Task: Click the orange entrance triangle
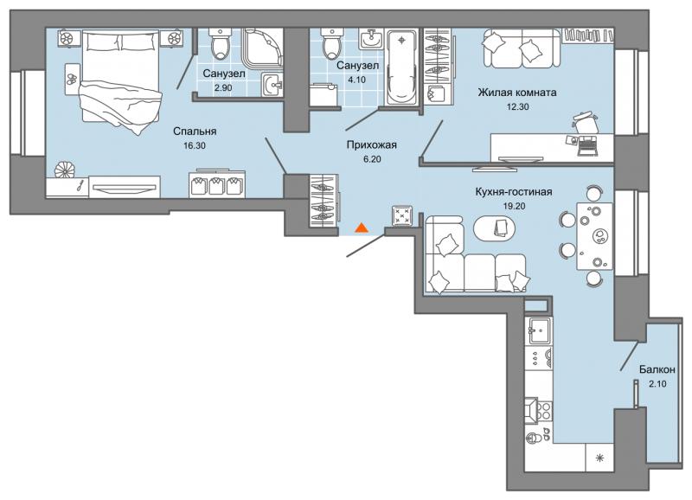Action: coord(362,228)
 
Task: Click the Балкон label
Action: coord(653,369)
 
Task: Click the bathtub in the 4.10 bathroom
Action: coord(400,68)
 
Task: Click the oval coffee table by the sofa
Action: coord(496,227)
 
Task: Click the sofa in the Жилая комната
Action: coord(518,48)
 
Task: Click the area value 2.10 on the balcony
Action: coord(653,383)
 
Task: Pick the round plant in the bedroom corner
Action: coord(63,170)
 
